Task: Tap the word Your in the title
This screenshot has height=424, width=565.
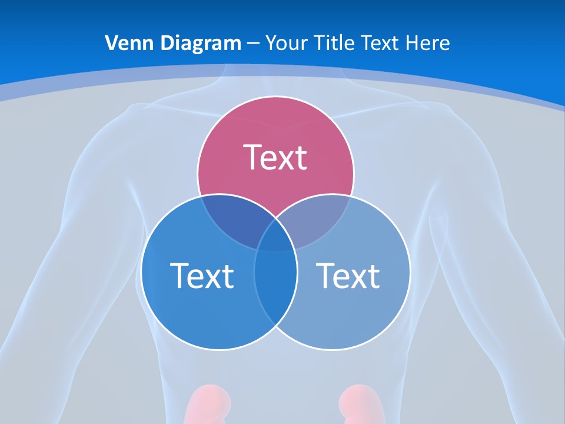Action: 287,43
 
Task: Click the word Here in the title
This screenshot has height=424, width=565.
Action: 428,43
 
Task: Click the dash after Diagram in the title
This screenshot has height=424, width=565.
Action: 253,44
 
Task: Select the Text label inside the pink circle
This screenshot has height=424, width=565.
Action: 275,157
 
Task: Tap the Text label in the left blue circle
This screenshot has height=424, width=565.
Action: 202,276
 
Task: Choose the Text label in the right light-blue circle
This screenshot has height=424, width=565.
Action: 348,276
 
